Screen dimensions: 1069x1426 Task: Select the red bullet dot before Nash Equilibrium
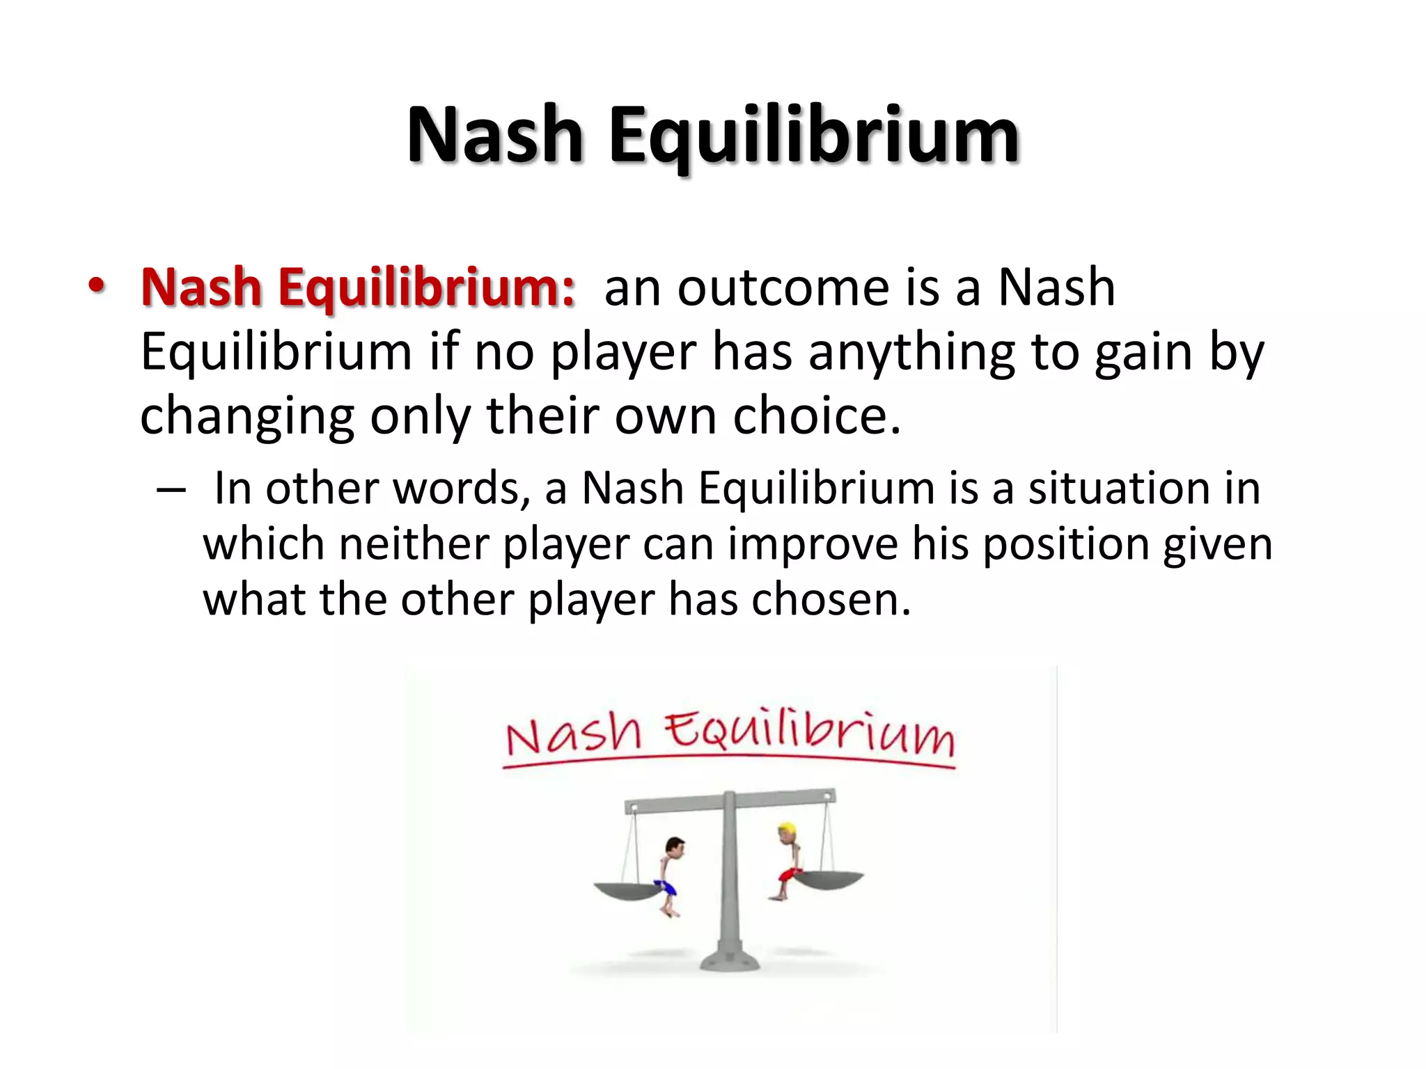point(97,285)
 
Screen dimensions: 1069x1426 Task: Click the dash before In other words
point(171,490)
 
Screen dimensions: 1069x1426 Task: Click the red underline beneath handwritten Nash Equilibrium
point(728,761)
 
